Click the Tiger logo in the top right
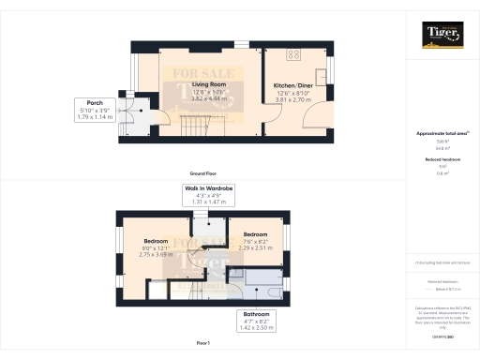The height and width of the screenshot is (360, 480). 442,37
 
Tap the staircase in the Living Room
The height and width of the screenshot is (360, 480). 192,121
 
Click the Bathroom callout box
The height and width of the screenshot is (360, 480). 256,320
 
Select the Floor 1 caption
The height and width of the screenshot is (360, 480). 205,343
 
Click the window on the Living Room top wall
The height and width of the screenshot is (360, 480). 242,43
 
